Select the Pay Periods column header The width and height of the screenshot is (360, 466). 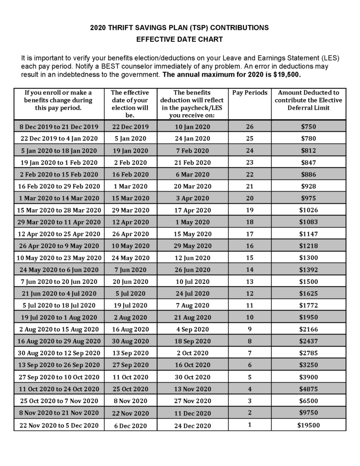(x=249, y=92)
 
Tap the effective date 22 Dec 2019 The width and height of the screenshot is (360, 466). (x=130, y=127)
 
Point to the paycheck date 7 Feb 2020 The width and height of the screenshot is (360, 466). (x=193, y=151)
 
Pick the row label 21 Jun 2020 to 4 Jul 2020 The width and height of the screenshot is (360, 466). (x=58, y=294)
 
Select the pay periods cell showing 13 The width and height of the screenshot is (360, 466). (x=249, y=282)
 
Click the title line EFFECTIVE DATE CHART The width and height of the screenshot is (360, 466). (x=180, y=40)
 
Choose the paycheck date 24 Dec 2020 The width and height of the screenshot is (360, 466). (x=193, y=425)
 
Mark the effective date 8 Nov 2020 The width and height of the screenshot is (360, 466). (x=130, y=401)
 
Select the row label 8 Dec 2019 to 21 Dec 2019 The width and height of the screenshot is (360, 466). (x=58, y=127)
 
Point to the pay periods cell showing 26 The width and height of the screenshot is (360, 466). (x=249, y=127)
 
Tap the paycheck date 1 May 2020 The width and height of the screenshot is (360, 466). (x=193, y=222)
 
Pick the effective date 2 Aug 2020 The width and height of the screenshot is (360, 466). (x=130, y=317)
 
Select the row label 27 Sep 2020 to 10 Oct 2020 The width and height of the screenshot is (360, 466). (x=58, y=377)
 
